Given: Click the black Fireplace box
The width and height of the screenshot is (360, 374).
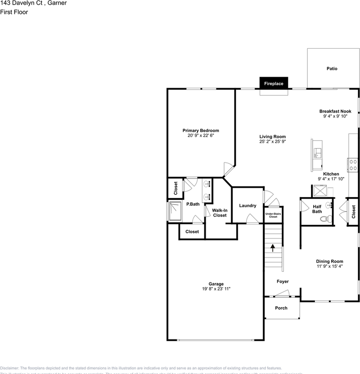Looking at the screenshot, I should tap(274, 83).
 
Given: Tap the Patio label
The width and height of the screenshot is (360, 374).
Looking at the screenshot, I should tap(332, 69).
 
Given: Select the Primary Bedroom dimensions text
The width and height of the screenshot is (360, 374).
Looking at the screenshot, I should tap(201, 136).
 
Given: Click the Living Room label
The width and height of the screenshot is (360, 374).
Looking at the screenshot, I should tap(272, 137).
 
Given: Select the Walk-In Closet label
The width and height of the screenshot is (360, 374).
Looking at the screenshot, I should tap(220, 213).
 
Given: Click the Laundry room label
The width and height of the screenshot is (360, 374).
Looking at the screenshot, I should tap(248, 206).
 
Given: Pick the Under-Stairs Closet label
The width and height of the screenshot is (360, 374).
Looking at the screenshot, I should tap(273, 215).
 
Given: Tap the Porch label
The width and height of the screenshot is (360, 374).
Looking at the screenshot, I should tap(281, 308).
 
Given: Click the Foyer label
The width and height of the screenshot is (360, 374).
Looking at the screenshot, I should tap(283, 281).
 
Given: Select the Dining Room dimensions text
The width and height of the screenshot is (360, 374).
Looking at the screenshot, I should tap(329, 266).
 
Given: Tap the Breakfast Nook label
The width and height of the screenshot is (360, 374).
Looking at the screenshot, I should tap(335, 111).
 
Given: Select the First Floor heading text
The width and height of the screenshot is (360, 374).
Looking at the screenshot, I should tap(14, 12).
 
